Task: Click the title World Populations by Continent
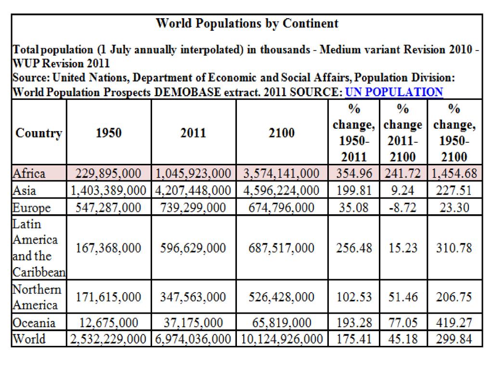pyautogui.click(x=247, y=23)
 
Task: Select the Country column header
pyautogui.click(x=39, y=133)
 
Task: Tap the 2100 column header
pyautogui.click(x=282, y=133)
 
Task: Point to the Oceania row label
pyautogui.click(x=34, y=322)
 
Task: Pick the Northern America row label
pyautogui.click(x=37, y=297)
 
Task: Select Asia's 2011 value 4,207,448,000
pyautogui.click(x=194, y=191)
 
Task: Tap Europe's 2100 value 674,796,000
pyautogui.click(x=282, y=208)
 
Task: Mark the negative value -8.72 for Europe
pyautogui.click(x=403, y=208)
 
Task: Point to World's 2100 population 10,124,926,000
pyautogui.click(x=282, y=339)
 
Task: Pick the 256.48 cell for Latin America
pyautogui.click(x=354, y=248)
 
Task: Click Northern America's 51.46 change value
pyautogui.click(x=403, y=297)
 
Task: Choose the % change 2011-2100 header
pyautogui.click(x=403, y=133)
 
